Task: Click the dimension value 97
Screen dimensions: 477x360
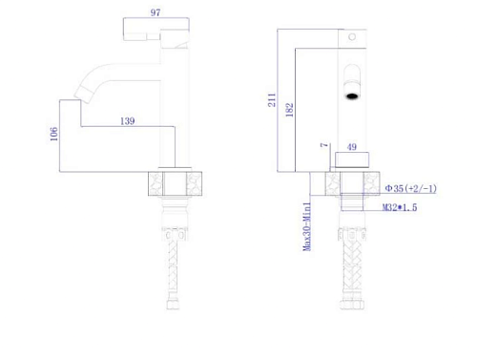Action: pos(156,12)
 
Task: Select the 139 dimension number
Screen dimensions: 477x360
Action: pos(127,121)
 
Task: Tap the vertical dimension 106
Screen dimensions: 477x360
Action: pos(53,134)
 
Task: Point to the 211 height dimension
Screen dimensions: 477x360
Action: pos(272,99)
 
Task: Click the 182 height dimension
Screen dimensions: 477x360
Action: pos(289,110)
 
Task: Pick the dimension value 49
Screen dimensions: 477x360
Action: pos(352,147)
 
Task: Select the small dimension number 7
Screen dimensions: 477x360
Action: pos(324,145)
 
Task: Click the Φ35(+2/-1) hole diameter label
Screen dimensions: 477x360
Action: pos(410,188)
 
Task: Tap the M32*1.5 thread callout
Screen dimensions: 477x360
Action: pos(400,207)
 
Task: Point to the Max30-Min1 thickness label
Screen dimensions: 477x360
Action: pos(307,226)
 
